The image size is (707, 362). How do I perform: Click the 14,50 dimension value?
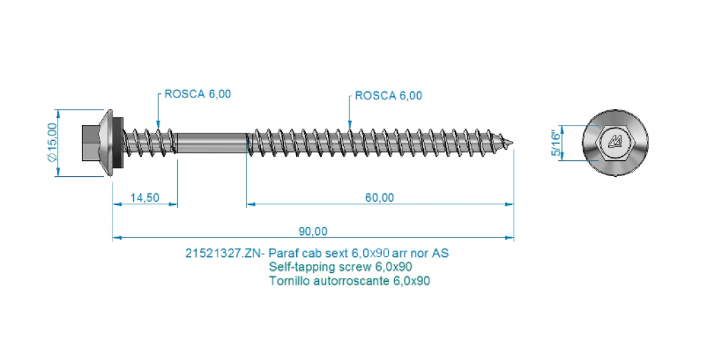(x=144, y=198)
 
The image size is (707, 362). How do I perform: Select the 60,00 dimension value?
(x=379, y=198)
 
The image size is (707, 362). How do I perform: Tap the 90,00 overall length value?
(x=313, y=231)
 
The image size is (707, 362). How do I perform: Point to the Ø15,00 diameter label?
(x=52, y=142)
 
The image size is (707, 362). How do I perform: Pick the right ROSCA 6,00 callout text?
(x=387, y=95)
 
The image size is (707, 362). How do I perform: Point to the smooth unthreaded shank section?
(x=211, y=143)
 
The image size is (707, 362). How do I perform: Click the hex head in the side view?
(x=92, y=142)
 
